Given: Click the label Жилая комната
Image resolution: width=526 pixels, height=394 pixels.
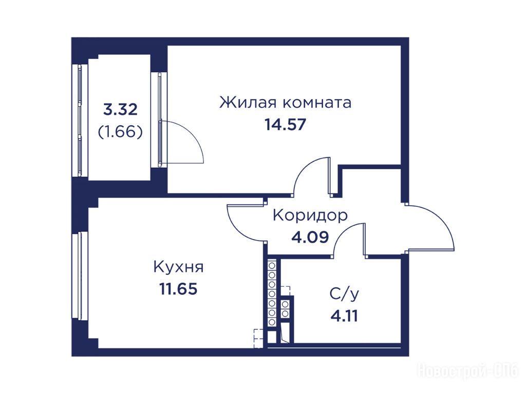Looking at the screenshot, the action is (285, 103).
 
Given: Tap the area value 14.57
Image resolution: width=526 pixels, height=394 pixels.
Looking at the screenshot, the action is (286, 125).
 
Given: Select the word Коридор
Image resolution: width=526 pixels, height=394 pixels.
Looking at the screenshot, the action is (310, 216).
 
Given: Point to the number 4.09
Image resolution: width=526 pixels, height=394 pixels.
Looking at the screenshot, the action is (310, 237).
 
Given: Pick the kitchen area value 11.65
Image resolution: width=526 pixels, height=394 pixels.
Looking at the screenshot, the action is (178, 289).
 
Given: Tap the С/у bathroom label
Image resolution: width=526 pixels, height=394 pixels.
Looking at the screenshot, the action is (344, 294).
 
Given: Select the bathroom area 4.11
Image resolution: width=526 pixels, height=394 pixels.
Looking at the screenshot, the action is (344, 316).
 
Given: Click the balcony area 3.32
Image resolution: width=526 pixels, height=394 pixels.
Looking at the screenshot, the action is (120, 110).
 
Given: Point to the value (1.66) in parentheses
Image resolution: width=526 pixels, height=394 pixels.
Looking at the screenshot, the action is (120, 132).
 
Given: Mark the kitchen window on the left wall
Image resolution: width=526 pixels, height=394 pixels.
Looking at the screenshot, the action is (80, 275).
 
